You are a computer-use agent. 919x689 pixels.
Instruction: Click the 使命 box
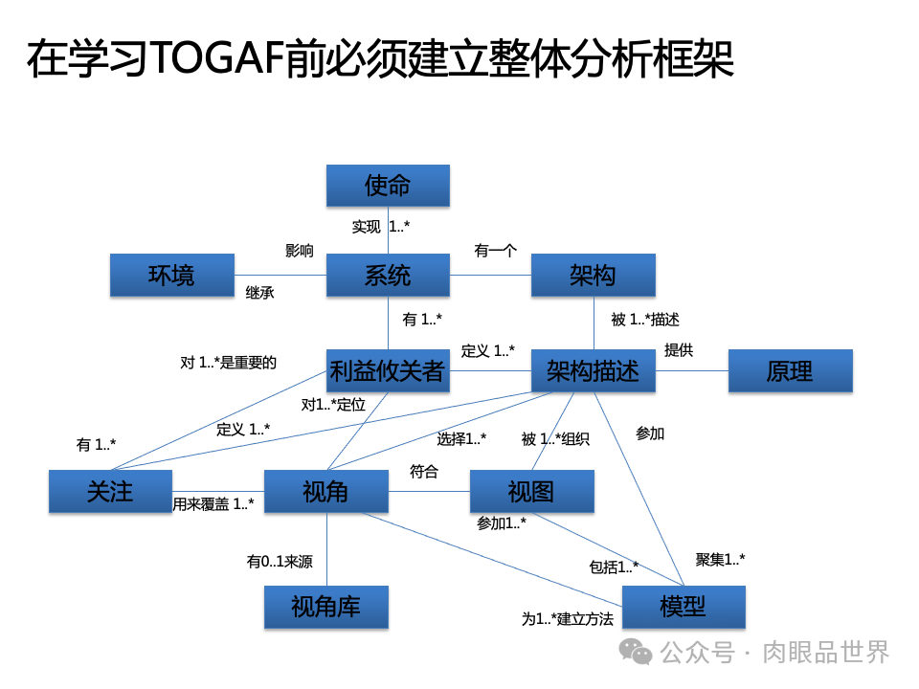point(388,185)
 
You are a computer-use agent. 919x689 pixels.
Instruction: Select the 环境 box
point(172,275)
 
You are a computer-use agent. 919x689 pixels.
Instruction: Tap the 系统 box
point(388,275)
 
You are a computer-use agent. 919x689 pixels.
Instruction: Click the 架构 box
point(594,275)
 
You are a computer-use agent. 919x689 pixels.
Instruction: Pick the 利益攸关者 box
point(388,370)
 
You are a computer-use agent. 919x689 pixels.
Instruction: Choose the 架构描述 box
point(594,370)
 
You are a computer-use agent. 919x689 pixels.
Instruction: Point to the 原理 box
point(790,370)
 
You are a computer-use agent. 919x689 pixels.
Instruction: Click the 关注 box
point(110,491)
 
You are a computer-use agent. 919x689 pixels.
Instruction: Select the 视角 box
point(325,491)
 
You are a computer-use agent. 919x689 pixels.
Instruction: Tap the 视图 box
point(531,491)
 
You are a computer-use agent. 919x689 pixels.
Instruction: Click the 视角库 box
point(325,607)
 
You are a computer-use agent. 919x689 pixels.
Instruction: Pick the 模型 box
point(684,607)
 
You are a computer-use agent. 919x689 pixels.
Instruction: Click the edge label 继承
point(259,293)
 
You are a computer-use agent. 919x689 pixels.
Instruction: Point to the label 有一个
point(495,251)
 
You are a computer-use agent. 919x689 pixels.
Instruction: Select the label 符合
point(423,471)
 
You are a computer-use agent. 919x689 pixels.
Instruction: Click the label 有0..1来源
point(280,562)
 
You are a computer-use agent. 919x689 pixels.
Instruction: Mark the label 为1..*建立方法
point(567,619)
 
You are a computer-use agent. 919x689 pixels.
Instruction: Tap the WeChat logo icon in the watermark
point(636,652)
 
